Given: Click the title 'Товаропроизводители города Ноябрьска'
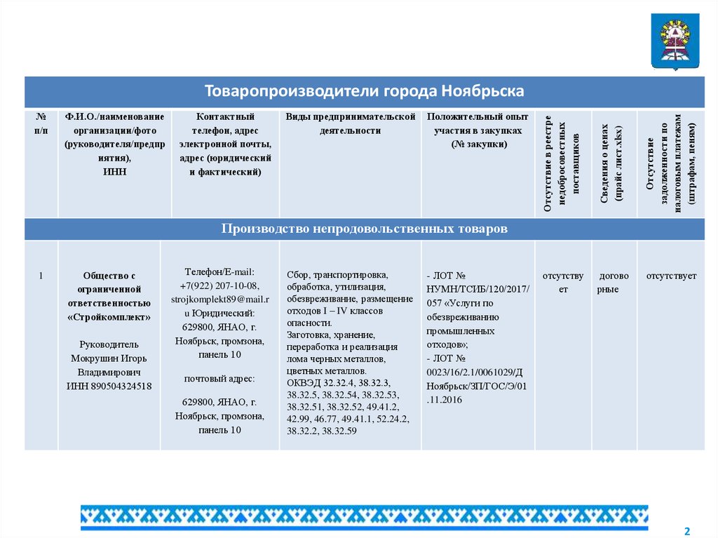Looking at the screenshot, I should [364, 92].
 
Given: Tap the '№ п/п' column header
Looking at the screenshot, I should [41, 123].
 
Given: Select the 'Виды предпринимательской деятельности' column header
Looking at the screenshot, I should [351, 123].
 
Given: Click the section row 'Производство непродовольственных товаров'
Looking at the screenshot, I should [364, 229].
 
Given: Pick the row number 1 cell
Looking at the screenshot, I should [41, 276].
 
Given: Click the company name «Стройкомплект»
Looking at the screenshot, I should [109, 317].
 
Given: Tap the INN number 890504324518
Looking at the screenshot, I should [109, 386].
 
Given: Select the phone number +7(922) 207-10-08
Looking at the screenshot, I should [219, 285].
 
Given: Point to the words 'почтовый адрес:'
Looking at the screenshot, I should [219, 379].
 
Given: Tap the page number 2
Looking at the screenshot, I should [687, 529].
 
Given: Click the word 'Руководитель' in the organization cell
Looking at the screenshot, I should [109, 344].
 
